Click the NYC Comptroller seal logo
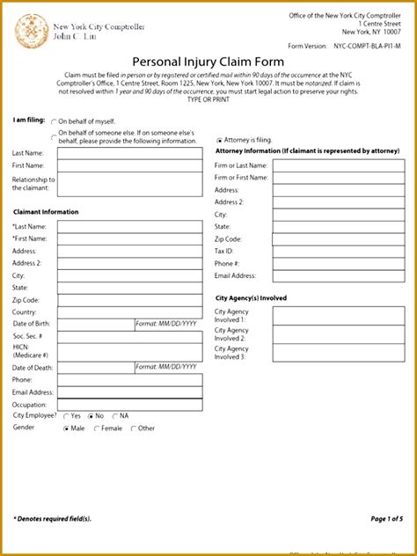point(32,32)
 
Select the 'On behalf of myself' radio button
point(54,122)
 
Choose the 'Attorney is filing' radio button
point(219,140)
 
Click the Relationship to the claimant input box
point(128,184)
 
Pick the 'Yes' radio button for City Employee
point(65,415)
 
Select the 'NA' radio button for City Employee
point(114,415)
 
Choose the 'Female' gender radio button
point(96,428)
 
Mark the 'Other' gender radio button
point(133,428)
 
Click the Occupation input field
point(128,405)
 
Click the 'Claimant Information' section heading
point(46,212)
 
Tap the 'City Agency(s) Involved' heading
point(251,298)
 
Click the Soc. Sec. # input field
point(128,336)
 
